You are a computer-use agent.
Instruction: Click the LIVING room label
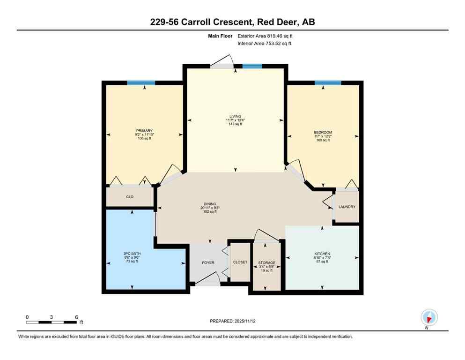[x=235, y=116]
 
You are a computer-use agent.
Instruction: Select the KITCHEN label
[x=322, y=253]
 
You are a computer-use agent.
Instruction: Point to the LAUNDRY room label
[x=347, y=207]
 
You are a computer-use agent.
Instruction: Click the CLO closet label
[x=130, y=197]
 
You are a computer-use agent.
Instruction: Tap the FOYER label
[x=208, y=262]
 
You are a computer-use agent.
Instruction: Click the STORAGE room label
[x=266, y=263]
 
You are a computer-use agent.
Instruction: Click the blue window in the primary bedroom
[x=141, y=83]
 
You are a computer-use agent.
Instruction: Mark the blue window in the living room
[x=252, y=67]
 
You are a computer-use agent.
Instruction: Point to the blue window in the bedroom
[x=327, y=83]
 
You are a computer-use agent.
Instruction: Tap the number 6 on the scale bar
[x=77, y=317]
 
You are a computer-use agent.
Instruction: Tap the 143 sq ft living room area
[x=235, y=124]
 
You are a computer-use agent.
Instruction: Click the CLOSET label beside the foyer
[x=240, y=262]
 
